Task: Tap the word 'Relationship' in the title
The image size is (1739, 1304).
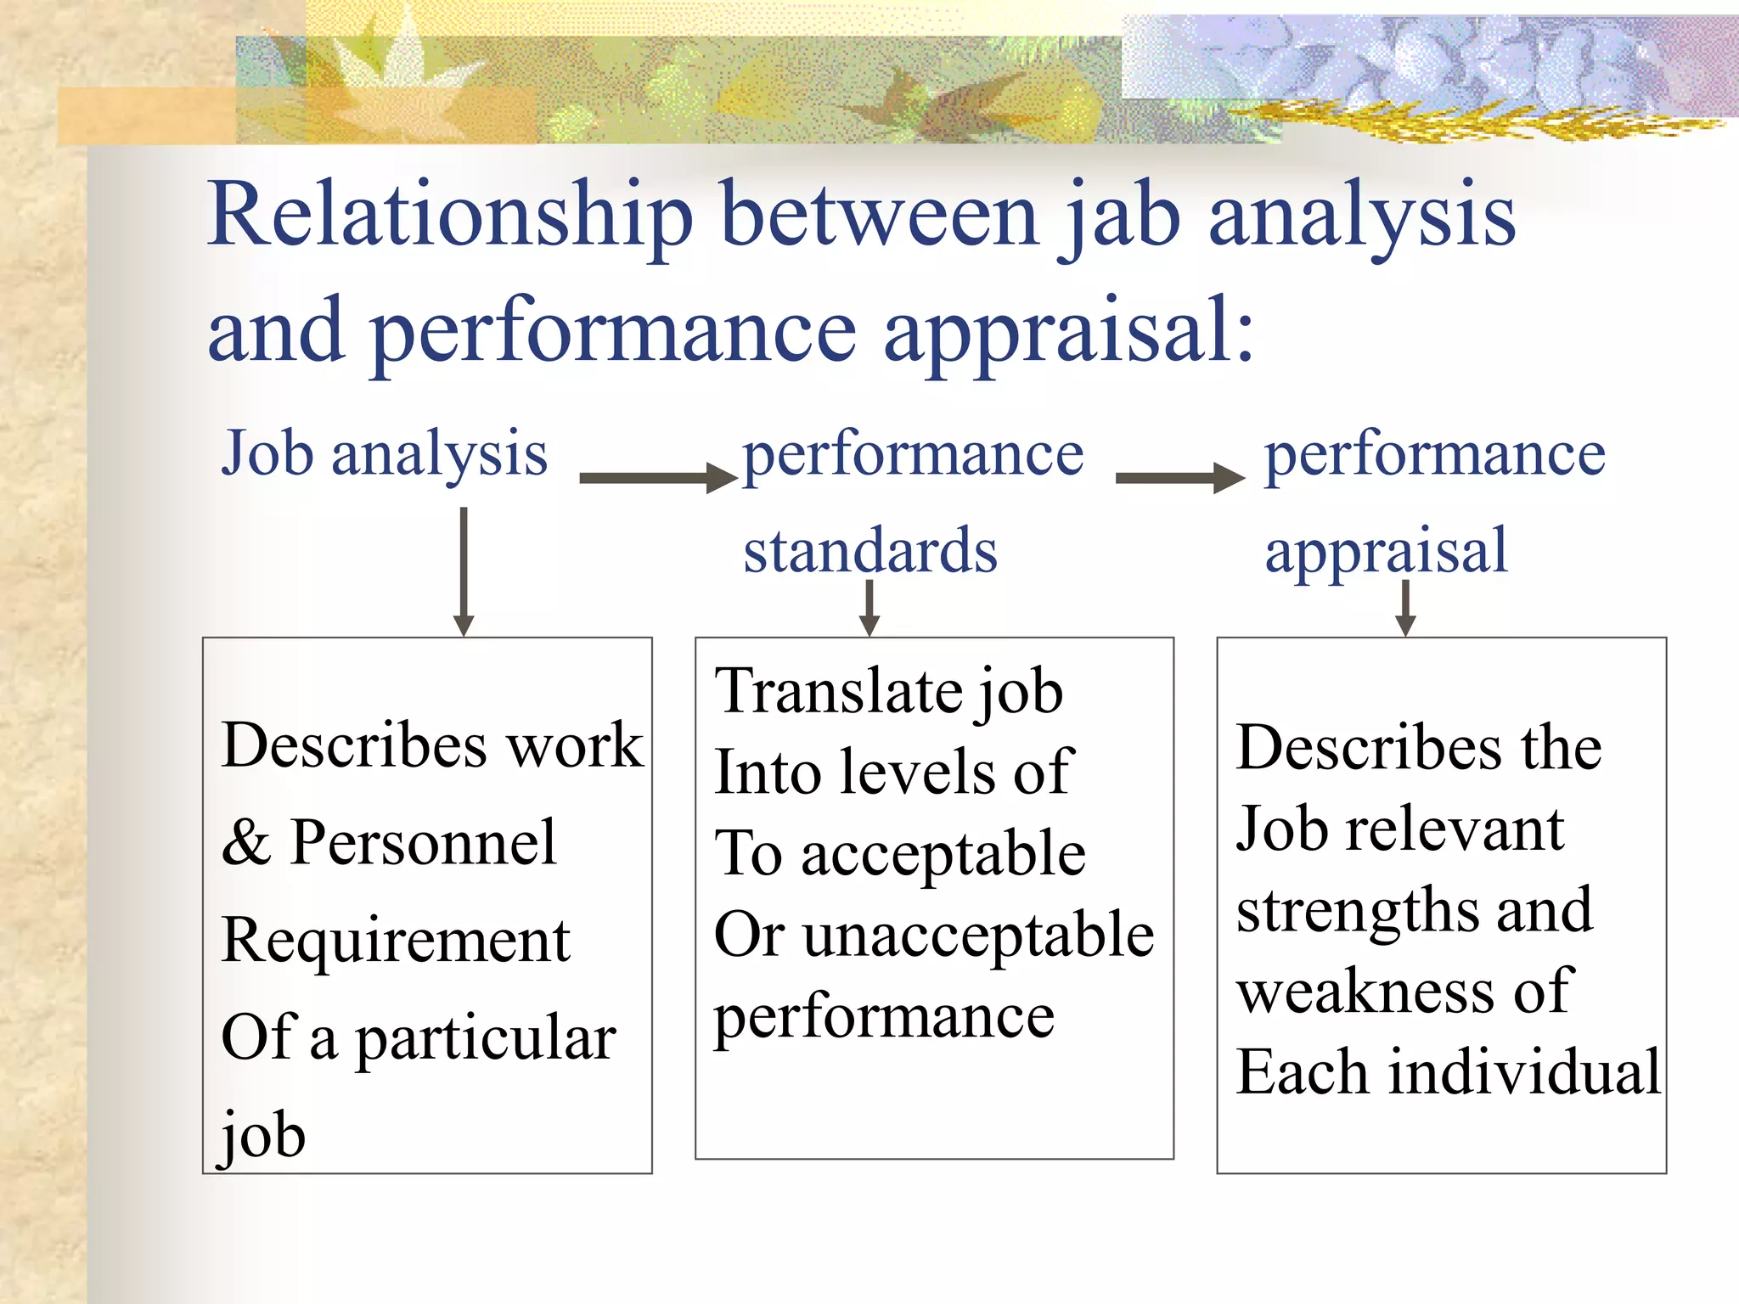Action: click(450, 216)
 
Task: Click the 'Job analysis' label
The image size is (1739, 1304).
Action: click(384, 454)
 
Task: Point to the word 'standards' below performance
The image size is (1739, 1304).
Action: click(870, 551)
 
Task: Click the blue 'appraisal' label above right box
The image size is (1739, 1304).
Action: click(1386, 551)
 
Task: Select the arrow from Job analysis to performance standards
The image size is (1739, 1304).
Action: click(657, 478)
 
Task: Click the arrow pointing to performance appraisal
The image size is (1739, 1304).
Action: click(1179, 478)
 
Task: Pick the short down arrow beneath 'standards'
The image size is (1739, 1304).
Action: click(869, 608)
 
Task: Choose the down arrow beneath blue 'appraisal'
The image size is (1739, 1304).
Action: click(1405, 608)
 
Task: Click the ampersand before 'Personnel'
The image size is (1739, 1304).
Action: click(246, 844)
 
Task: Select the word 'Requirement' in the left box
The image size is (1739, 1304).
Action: click(396, 941)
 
